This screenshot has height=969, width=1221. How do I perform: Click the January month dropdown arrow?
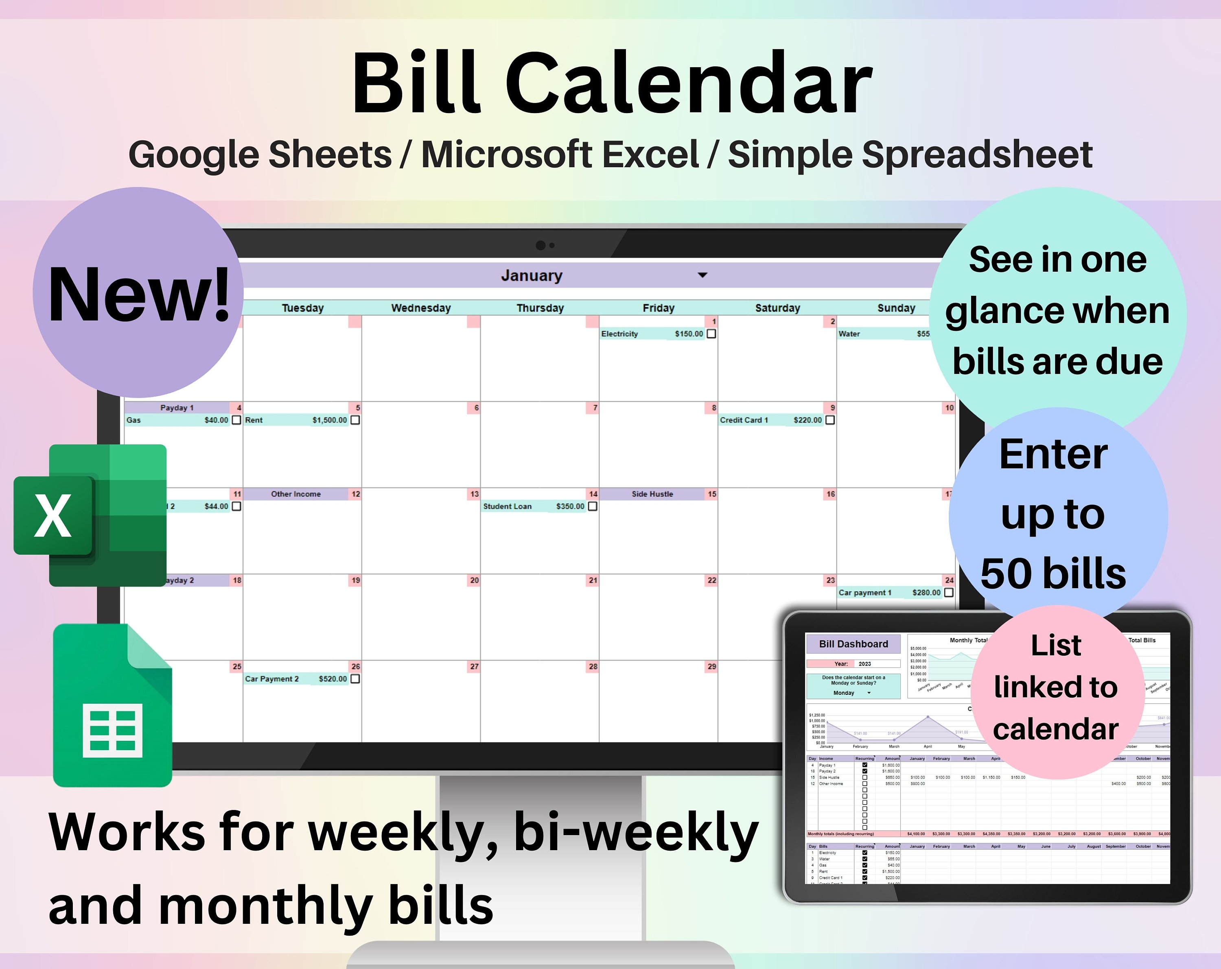[x=702, y=275]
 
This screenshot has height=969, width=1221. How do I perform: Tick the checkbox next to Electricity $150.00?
[x=711, y=334]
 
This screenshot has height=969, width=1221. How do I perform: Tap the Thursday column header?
[x=540, y=308]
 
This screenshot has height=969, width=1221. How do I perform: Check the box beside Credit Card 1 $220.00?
[x=829, y=420]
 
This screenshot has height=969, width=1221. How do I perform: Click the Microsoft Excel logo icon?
[x=91, y=515]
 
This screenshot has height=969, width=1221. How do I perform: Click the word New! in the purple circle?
[x=139, y=295]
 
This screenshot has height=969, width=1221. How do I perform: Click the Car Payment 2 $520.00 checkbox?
[x=355, y=679]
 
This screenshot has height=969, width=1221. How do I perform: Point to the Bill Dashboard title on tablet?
[x=853, y=644]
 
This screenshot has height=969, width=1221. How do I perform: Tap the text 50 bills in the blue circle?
[x=1053, y=573]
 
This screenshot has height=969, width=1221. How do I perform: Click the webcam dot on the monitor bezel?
[x=541, y=245]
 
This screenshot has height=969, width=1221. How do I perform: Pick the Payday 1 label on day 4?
[x=177, y=408]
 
